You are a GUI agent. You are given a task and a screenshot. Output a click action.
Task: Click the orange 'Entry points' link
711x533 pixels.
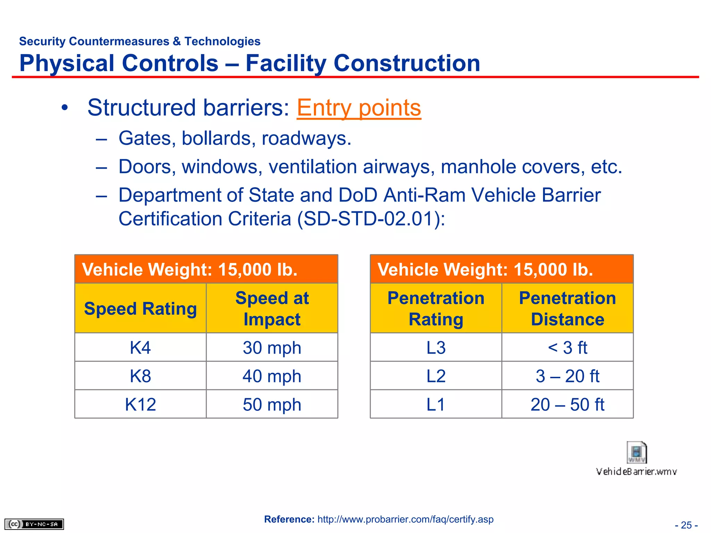[359, 108]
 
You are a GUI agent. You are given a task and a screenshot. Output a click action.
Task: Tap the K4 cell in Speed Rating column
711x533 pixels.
[140, 347]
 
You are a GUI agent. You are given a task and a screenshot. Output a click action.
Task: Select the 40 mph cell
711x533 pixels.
[272, 376]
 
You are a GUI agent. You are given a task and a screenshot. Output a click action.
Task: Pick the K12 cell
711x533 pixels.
[140, 404]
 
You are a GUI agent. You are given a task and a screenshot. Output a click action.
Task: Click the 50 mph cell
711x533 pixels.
[272, 404]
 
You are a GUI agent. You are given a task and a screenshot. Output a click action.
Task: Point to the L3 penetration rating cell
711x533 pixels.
[436, 347]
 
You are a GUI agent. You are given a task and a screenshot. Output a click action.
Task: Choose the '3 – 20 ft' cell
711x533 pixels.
[567, 376]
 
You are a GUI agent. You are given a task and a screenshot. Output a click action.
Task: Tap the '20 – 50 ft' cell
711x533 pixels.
[567, 404]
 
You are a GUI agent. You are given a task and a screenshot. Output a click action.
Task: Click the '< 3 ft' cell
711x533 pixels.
[567, 347]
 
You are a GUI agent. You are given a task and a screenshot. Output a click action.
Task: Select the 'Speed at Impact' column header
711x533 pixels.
[272, 308]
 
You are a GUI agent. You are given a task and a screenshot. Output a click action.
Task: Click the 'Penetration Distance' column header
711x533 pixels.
[567, 308]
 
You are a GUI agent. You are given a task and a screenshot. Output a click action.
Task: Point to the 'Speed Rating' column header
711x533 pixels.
[140, 308]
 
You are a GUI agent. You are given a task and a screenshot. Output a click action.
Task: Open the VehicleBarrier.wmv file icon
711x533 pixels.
[636, 453]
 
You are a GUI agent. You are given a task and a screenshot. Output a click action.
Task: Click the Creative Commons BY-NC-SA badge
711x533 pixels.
[34, 524]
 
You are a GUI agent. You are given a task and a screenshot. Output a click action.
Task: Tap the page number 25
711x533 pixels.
[686, 525]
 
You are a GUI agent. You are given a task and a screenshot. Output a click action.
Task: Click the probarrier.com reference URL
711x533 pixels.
[405, 519]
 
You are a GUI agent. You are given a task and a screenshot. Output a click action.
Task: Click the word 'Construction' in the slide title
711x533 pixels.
[407, 63]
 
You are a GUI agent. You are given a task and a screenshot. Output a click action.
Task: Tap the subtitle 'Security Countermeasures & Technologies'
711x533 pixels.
[140, 41]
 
